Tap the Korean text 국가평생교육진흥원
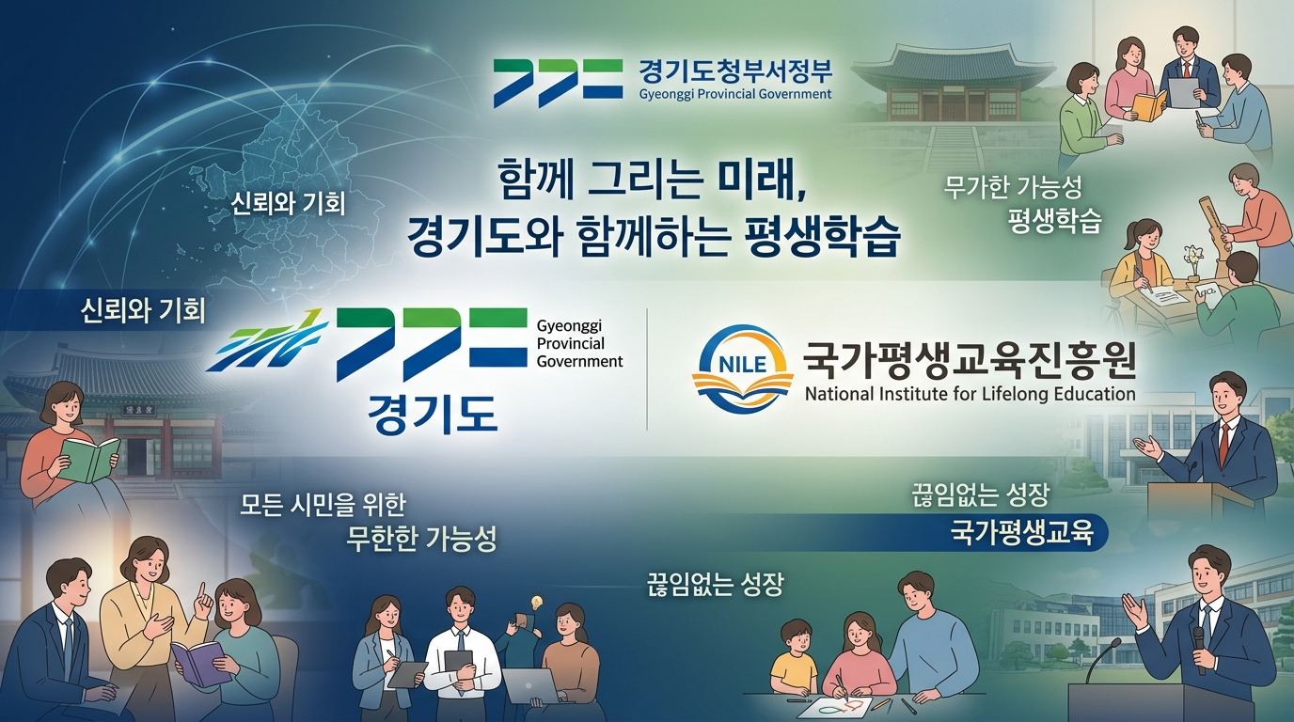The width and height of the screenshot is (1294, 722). [970, 362]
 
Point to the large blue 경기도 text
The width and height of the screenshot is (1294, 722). [433, 415]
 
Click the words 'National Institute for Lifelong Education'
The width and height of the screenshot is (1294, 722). [970, 395]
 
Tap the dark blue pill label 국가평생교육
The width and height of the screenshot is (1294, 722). [1022, 533]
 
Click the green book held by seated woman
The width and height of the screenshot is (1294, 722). [89, 459]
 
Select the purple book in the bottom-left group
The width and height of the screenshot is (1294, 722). [200, 663]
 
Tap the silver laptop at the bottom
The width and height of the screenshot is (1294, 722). [530, 685]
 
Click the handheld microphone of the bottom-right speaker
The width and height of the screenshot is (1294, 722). [1200, 650]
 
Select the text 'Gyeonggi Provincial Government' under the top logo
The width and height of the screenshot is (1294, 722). [735, 94]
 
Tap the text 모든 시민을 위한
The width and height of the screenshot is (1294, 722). [323, 506]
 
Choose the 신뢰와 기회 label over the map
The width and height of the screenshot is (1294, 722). [288, 204]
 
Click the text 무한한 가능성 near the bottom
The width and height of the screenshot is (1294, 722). [421, 540]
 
